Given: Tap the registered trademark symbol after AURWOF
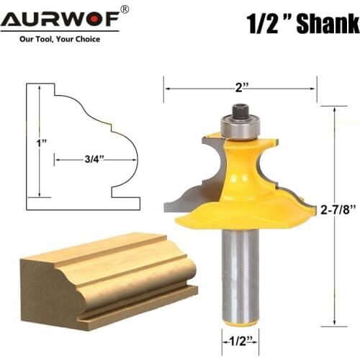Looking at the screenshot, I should point(124,9).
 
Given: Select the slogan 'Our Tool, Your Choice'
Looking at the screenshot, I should point(60,39).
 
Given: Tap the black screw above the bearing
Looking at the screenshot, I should point(238,111).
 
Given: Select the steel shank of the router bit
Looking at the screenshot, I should point(239,274).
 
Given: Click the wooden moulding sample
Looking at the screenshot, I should point(108,277).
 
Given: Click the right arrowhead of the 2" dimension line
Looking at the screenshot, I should point(314,89).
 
